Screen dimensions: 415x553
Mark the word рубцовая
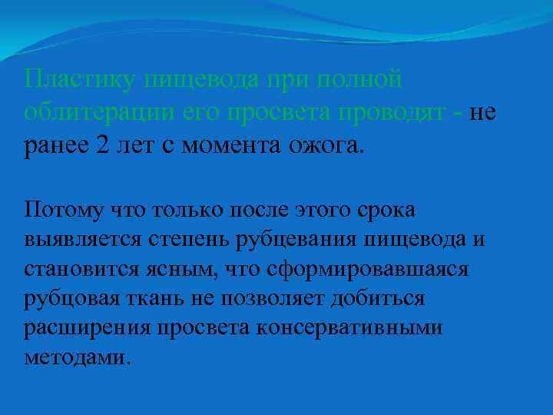[x=71, y=301]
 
